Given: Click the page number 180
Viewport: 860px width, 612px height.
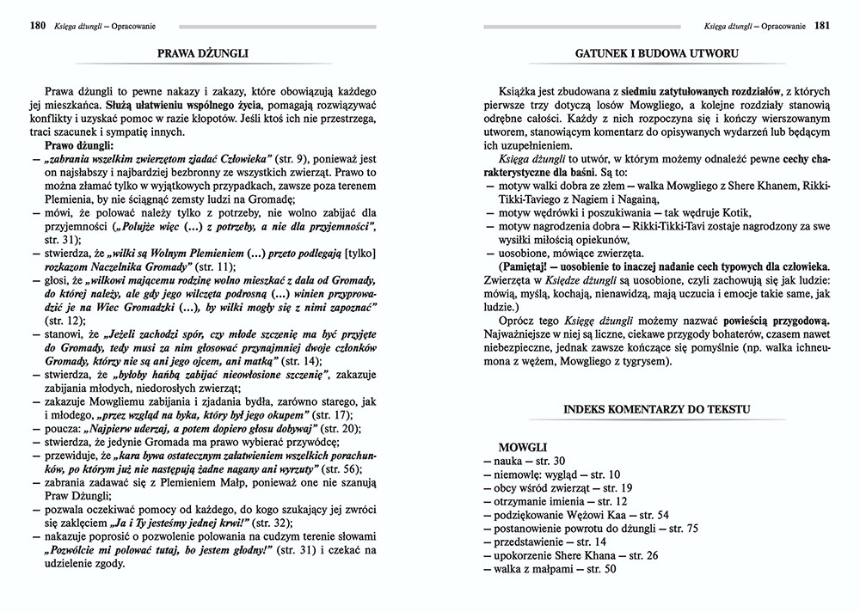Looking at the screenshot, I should (36, 26).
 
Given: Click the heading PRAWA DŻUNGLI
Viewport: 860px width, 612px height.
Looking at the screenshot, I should (204, 53).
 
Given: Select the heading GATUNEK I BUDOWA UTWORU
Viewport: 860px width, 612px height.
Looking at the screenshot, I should (658, 53).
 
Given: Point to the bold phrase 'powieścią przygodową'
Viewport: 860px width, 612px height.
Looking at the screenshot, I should (705, 314).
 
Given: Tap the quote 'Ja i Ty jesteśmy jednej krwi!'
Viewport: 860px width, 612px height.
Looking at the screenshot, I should (182, 523).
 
